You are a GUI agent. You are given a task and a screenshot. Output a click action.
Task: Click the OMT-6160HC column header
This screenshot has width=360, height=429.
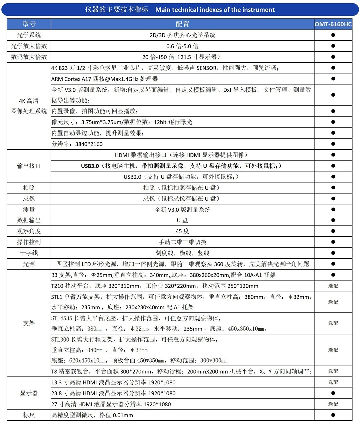click(x=333, y=24)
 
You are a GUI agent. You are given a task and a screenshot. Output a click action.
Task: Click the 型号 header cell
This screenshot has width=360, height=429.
click(x=29, y=24)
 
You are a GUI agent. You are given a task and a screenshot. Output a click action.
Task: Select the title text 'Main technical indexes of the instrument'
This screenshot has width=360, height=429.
click(x=215, y=10)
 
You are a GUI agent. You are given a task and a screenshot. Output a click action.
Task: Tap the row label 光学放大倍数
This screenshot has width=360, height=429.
click(x=29, y=46)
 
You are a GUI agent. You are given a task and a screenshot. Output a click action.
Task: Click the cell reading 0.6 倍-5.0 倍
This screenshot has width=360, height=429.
click(x=182, y=46)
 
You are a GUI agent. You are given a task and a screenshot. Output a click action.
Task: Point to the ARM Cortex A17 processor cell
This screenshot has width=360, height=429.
click(x=105, y=79)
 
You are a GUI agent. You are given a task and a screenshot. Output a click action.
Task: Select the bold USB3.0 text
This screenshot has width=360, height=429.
click(x=90, y=166)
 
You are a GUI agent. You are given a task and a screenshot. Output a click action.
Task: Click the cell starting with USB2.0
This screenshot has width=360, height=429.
click(x=181, y=177)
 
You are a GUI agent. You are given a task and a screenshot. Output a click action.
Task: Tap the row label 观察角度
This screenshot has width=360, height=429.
click(x=29, y=231)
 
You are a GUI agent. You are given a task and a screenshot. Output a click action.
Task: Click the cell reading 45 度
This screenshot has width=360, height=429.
click(x=182, y=231)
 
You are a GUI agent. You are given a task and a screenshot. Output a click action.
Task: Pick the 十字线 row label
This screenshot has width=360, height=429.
click(x=29, y=253)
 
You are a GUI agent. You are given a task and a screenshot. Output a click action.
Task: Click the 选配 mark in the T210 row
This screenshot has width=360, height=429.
click(x=333, y=286)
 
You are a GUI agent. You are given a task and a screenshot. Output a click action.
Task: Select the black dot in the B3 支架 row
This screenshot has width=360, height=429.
click(x=333, y=275)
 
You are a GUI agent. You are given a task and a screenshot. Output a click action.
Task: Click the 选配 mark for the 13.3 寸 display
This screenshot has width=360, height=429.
click(x=333, y=382)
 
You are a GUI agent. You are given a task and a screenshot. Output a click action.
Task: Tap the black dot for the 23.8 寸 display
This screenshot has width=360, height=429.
click(x=333, y=393)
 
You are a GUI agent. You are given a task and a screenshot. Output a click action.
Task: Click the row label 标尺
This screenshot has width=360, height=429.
click(x=29, y=415)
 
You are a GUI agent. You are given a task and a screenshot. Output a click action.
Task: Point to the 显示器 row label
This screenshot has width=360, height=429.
click(x=29, y=393)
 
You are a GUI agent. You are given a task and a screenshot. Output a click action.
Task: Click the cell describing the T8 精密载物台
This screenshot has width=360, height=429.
click(x=182, y=371)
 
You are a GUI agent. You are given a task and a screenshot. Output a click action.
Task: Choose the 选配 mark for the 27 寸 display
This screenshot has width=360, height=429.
click(x=333, y=404)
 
